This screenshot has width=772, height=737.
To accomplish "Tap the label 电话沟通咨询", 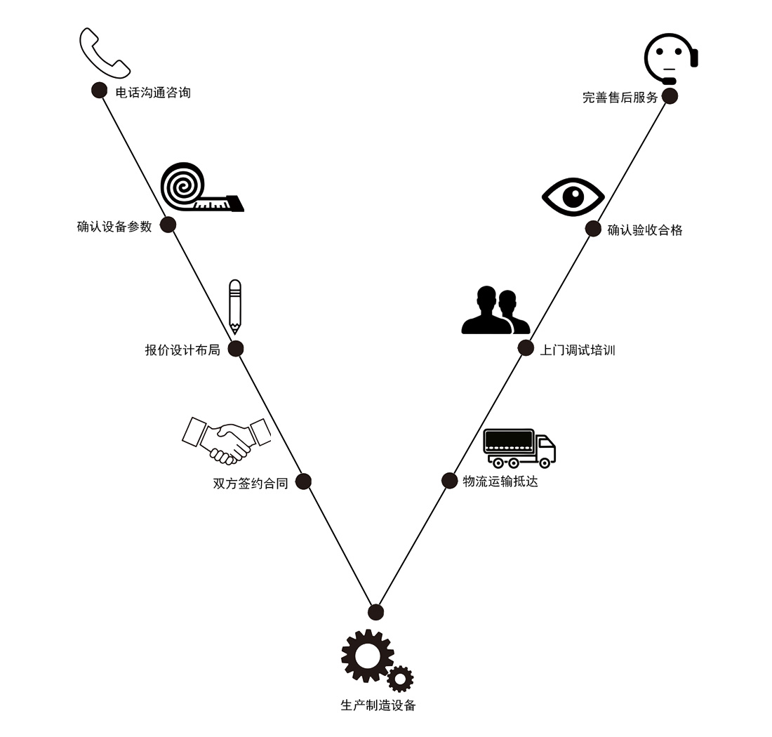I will [x=153, y=92].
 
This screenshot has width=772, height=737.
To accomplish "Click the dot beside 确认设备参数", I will [x=168, y=225].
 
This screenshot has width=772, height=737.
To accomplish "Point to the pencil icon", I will [x=234, y=307].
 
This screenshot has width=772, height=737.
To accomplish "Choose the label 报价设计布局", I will [x=182, y=350].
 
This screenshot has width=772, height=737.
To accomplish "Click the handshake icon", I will [x=227, y=440].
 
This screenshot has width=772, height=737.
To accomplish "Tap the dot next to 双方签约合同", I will [x=303, y=482].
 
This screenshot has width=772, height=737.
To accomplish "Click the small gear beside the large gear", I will [x=400, y=679].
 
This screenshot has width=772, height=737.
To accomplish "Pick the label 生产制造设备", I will [x=378, y=705].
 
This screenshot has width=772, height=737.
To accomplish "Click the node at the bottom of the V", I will [x=376, y=612].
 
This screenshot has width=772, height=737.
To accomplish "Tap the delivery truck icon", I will [x=519, y=448].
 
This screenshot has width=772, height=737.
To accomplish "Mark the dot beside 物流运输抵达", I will [x=449, y=480].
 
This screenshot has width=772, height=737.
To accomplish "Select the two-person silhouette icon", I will [x=495, y=311].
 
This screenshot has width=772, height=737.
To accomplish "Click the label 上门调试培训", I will [x=577, y=350].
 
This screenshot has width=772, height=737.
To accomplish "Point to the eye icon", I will [x=573, y=196].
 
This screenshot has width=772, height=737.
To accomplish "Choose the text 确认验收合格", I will [x=644, y=230].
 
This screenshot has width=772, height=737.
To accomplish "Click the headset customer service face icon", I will [x=670, y=58].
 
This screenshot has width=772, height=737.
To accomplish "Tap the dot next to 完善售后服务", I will [x=670, y=96].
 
